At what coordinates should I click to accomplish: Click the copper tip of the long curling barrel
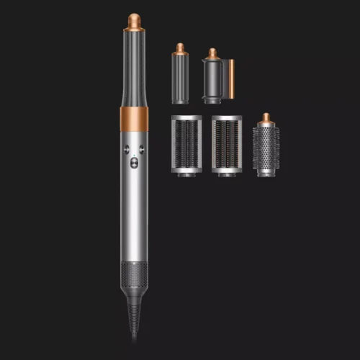tap(135, 19)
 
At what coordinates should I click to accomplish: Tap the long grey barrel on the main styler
tap(135, 68)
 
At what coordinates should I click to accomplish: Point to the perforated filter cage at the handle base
tap(135, 278)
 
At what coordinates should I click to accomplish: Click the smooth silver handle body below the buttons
tap(135, 216)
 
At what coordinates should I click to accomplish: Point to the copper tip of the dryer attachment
tap(212, 53)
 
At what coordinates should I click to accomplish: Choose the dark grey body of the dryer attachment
tap(213, 83)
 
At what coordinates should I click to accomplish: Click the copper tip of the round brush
tap(266, 117)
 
